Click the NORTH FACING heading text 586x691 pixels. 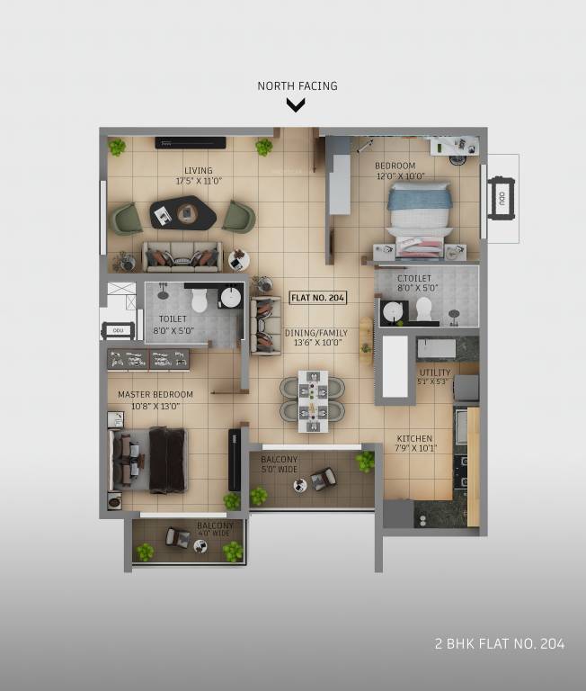tap(297, 86)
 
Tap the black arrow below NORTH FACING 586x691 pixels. tap(296, 105)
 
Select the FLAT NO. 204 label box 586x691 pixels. tap(318, 298)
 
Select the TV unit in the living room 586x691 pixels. tap(190, 141)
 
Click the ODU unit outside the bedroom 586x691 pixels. tap(500, 198)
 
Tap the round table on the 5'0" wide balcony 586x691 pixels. tap(300, 484)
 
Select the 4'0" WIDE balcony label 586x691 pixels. tap(216, 530)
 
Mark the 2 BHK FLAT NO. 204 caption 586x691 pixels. tap(499, 643)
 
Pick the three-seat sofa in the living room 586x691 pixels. tap(182, 256)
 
